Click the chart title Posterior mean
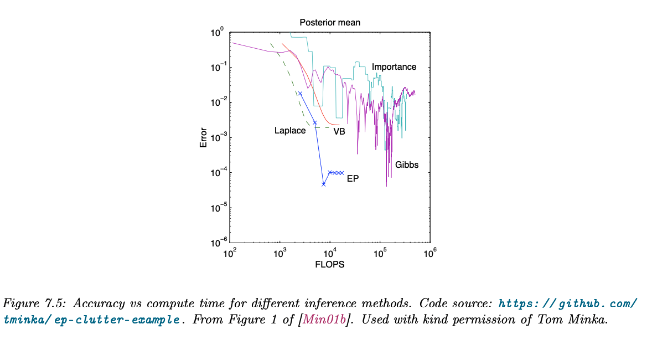pos(330,23)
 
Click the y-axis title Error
pos(203,137)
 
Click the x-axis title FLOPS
pos(330,265)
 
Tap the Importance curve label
pos(394,67)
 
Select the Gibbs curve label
pos(407,165)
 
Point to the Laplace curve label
pos(290,131)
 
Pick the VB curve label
pos(339,132)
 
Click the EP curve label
pos(353,179)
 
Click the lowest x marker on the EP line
pos(324,184)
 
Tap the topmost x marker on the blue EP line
pos(301,93)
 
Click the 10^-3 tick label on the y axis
pos(216,138)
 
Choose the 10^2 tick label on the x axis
pos(230,254)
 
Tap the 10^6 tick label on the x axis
pos(430,254)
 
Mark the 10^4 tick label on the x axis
pos(330,254)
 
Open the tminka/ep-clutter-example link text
pos(91,320)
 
